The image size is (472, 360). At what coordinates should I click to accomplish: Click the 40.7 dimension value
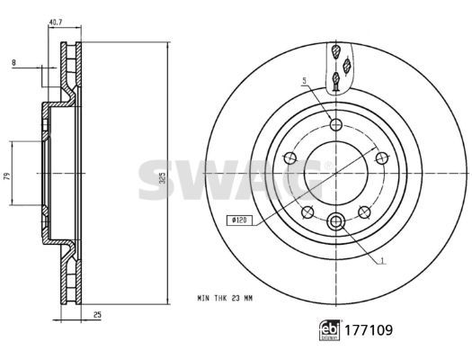tap(56, 22)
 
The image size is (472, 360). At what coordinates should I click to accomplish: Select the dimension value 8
tap(13, 63)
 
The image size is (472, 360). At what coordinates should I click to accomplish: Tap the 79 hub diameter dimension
tap(8, 176)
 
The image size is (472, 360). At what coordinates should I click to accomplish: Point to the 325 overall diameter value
tap(163, 177)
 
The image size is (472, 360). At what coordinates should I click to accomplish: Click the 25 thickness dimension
tap(97, 315)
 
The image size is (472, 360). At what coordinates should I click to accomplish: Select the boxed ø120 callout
tap(239, 220)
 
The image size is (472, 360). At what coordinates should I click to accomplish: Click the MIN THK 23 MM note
tap(225, 298)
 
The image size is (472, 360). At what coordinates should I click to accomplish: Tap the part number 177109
tap(369, 330)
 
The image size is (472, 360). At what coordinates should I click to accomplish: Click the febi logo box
tap(330, 330)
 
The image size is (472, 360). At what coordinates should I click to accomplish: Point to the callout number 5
tap(305, 80)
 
